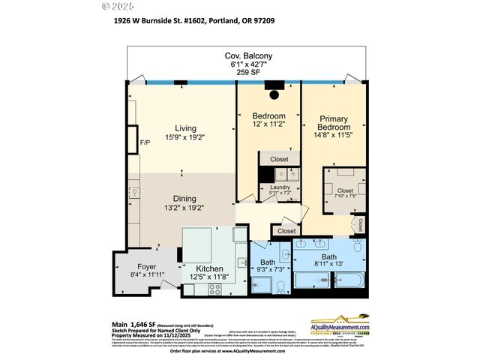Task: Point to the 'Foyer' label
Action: [146, 267]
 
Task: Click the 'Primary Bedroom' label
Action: [333, 124]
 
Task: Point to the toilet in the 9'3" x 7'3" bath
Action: [279, 285]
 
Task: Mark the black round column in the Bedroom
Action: [274, 95]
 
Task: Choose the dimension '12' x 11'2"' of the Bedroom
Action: [268, 125]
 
